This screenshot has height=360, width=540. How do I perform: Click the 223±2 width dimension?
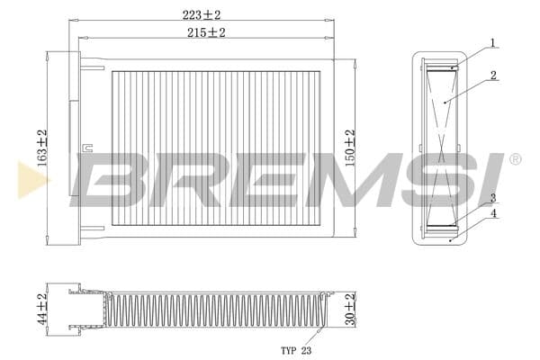[202, 14]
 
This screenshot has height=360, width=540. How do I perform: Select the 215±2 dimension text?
[206, 32]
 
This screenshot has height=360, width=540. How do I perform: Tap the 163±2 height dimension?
[42, 148]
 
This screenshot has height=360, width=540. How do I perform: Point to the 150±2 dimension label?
[350, 148]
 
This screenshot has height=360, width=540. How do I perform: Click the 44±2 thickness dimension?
[42, 309]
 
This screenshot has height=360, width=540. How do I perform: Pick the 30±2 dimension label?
[350, 309]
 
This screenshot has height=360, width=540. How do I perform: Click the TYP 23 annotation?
[296, 351]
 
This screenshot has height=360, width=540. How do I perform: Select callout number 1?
[493, 43]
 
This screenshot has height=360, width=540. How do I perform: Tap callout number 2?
[493, 75]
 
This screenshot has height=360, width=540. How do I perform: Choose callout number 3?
[493, 198]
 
